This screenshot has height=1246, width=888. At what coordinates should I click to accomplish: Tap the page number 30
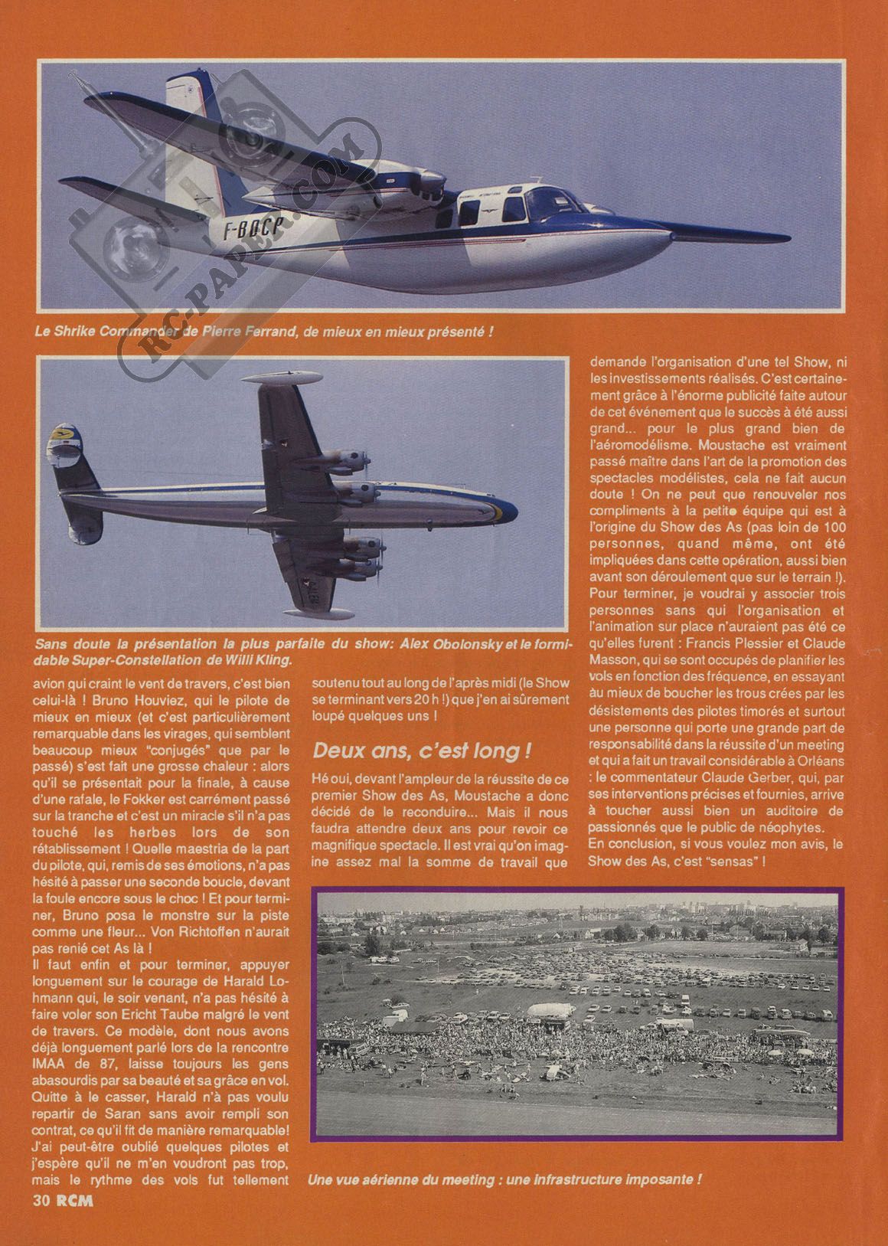pos(42,1222)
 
